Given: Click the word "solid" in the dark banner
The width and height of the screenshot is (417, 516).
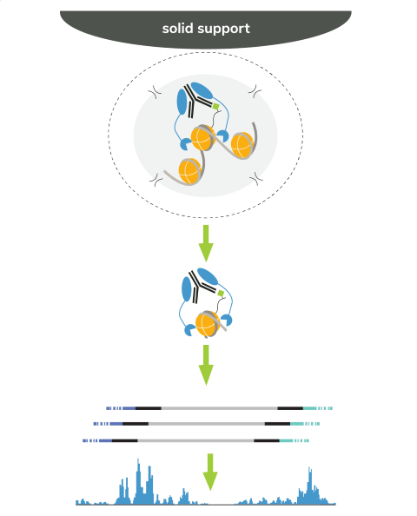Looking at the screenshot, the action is [x=177, y=29].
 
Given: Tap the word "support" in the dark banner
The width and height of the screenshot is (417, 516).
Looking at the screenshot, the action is [x=224, y=30].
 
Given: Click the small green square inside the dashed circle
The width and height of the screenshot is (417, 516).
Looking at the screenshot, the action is [x=216, y=106].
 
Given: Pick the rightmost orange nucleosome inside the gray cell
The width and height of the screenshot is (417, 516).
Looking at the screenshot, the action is [x=242, y=145].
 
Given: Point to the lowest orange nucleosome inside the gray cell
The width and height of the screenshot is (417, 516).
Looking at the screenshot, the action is [x=190, y=171].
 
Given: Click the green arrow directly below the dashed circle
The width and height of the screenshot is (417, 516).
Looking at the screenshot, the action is [x=206, y=243].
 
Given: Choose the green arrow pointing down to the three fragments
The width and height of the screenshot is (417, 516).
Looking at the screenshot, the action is [x=206, y=365].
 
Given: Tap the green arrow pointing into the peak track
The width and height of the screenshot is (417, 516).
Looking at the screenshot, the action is [x=210, y=472].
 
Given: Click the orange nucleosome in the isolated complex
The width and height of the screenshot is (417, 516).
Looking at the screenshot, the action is [x=208, y=324].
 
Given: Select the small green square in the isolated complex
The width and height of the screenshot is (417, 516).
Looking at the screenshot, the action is [x=221, y=293].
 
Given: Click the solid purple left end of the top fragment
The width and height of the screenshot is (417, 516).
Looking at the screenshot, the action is [x=129, y=408].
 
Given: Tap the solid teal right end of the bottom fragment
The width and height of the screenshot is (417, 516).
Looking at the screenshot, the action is [x=286, y=440].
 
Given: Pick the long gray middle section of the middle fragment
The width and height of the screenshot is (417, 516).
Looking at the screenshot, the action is [x=207, y=424].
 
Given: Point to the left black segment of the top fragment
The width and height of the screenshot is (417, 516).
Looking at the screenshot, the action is [x=149, y=408].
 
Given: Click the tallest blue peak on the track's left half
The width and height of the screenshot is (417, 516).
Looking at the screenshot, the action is [x=138, y=480].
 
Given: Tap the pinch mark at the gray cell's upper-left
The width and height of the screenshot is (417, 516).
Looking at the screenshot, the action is [x=155, y=91].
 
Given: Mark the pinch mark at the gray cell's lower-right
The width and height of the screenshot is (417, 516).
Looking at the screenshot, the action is [x=256, y=179].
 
